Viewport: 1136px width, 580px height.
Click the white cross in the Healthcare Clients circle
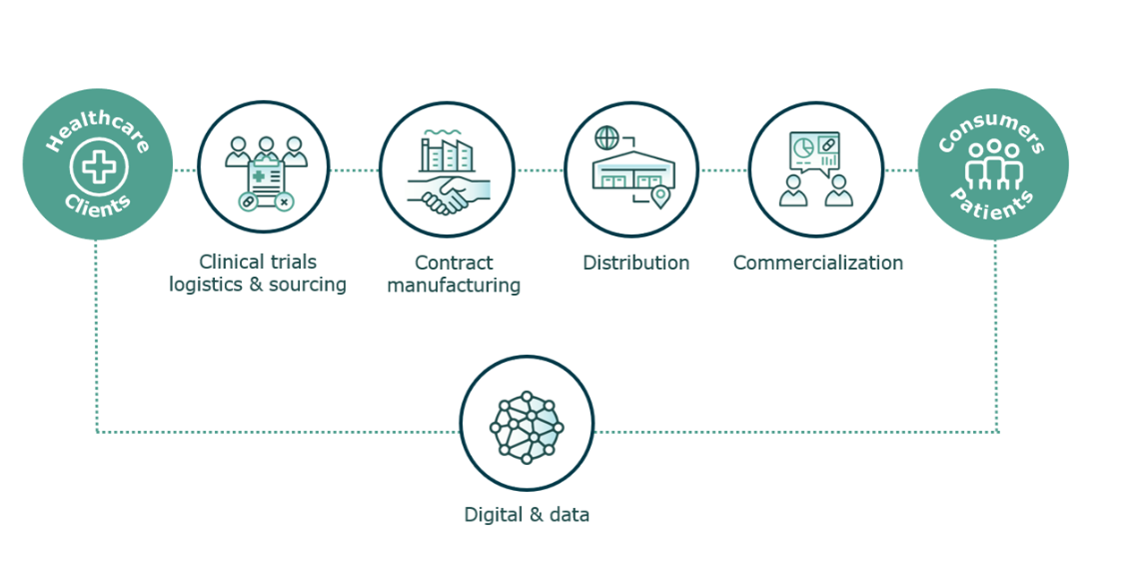99,168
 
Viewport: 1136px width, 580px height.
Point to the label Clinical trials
258,261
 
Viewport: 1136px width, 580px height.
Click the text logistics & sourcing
258,284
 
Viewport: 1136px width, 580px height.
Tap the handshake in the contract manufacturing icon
450,195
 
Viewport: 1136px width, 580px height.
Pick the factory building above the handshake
445,154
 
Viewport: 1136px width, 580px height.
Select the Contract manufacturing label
454,273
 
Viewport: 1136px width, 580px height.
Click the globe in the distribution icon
606,138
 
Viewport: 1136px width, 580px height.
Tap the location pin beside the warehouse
660,196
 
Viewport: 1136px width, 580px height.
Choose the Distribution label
636,262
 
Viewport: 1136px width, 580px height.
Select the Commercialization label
818,262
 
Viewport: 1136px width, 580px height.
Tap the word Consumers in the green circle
992,130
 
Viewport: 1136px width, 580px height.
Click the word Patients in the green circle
992,204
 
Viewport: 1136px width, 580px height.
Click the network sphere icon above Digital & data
527,423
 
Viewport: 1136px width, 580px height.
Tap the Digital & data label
527,515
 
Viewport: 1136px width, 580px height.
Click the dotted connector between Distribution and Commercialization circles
723,171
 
